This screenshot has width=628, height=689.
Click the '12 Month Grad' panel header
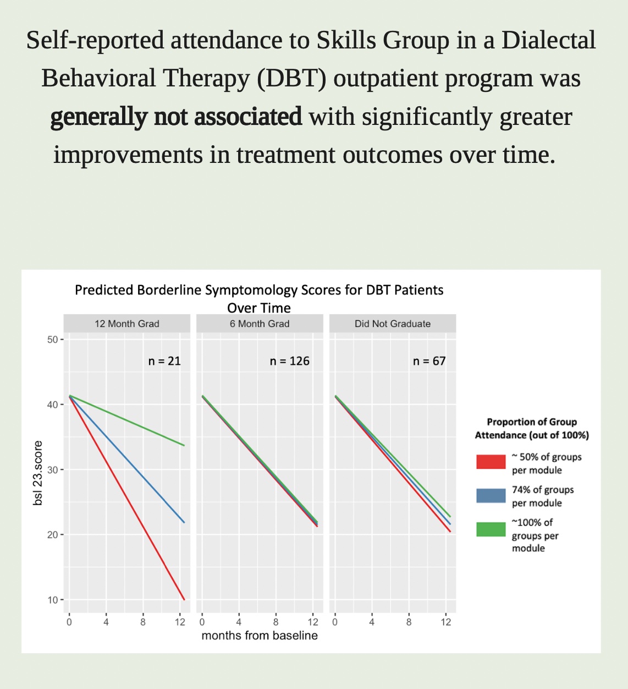[126, 324]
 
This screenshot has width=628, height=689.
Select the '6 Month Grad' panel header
[260, 324]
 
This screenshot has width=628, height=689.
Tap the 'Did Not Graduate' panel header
[393, 324]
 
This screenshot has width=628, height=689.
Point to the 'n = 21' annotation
[164, 361]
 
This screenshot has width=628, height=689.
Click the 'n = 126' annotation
[289, 361]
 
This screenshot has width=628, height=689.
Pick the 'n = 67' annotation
[429, 361]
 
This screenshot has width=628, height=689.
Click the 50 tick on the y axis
[53, 340]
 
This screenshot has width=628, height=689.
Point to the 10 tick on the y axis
[53, 600]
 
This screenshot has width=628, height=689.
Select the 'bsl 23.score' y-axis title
[38, 474]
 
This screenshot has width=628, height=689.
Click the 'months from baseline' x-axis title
[260, 636]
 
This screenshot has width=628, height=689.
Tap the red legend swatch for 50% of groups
[491, 462]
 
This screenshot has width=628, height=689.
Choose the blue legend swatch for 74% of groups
[491, 495]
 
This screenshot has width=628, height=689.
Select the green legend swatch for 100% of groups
[491, 529]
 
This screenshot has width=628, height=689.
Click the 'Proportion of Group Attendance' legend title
[532, 428]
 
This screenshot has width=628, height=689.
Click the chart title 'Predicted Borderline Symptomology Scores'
[259, 290]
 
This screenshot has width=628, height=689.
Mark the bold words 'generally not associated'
[176, 117]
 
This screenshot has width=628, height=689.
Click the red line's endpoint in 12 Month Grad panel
[184, 599]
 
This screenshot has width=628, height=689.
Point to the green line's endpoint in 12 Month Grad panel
[184, 445]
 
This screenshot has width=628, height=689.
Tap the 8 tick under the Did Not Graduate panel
[409, 622]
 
